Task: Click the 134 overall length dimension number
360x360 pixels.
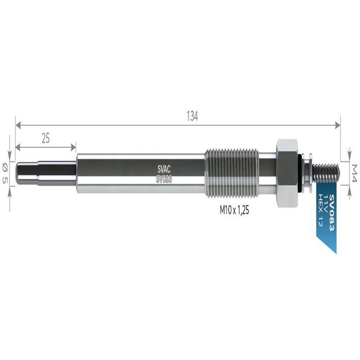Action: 192,116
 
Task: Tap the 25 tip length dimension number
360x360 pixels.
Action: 46,138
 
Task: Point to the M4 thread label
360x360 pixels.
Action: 354,173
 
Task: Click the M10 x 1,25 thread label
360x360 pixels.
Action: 234,210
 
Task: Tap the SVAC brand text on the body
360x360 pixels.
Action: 164,170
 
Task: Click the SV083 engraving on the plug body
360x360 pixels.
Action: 164,179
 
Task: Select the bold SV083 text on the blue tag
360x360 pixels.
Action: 332,213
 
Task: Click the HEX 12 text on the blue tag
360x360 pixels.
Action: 320,211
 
